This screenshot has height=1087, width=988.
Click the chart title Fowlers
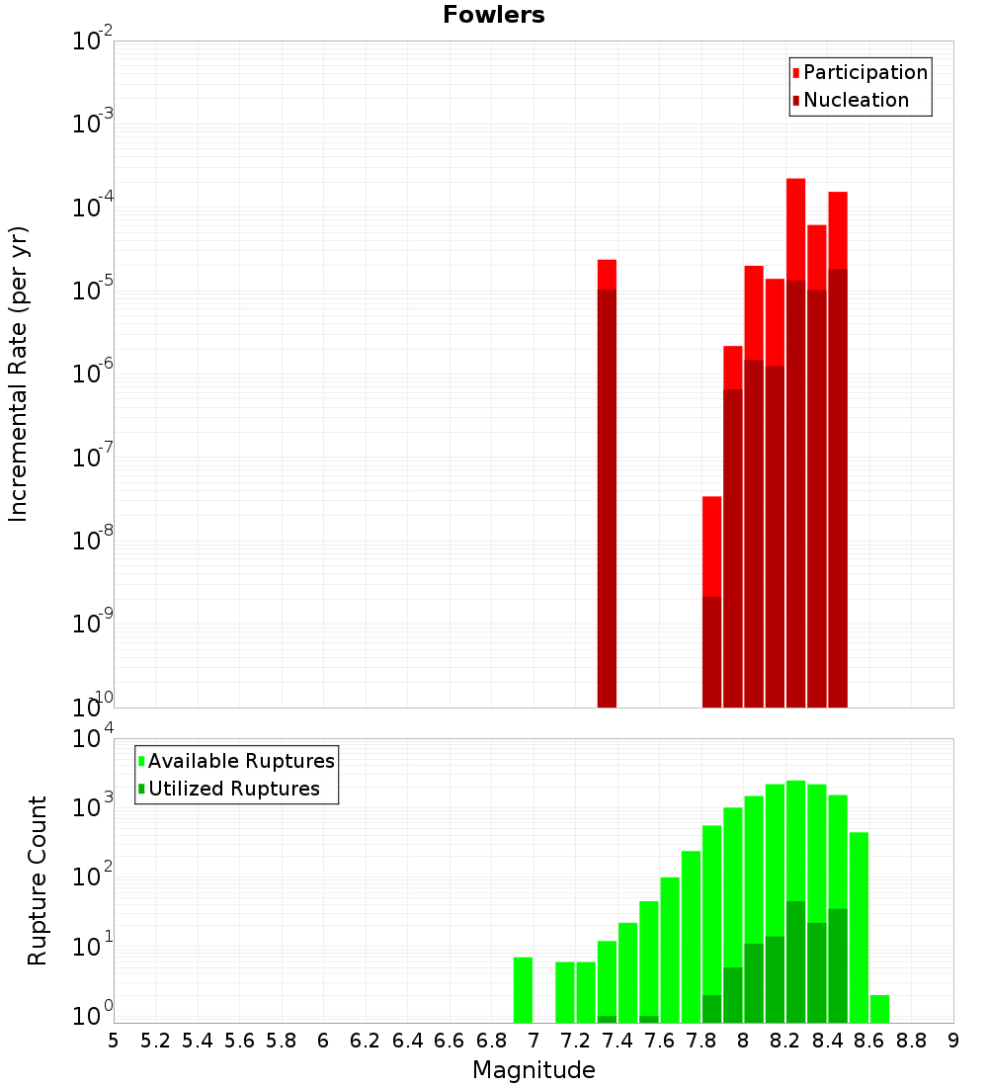(x=494, y=15)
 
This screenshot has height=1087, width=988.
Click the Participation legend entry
(x=864, y=72)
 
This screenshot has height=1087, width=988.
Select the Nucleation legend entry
(x=855, y=100)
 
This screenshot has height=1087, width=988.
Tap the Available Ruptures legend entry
(x=240, y=761)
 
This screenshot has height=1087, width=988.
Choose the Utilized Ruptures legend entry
(x=233, y=789)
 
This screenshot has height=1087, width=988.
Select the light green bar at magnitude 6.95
(x=523, y=988)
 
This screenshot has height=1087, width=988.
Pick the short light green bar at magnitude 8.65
(x=879, y=1009)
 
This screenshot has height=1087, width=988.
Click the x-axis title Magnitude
(x=534, y=1070)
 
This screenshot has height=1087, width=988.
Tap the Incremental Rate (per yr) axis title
(x=18, y=374)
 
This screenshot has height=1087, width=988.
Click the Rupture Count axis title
(x=38, y=880)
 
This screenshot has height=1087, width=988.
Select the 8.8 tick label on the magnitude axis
(x=911, y=1041)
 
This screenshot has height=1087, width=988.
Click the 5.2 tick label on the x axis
(x=155, y=1041)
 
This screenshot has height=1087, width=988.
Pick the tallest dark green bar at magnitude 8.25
(x=796, y=959)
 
